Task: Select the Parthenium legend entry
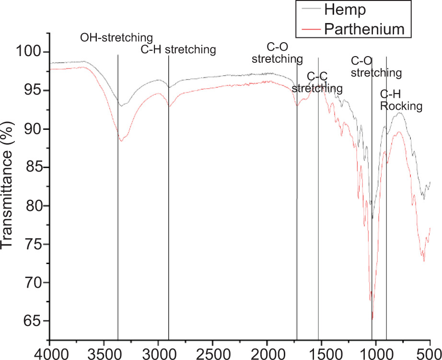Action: click(364, 29)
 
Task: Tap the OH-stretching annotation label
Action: click(116, 37)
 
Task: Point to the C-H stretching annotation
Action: click(178, 49)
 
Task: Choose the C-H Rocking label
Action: click(401, 100)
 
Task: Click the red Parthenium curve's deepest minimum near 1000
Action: click(372, 318)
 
